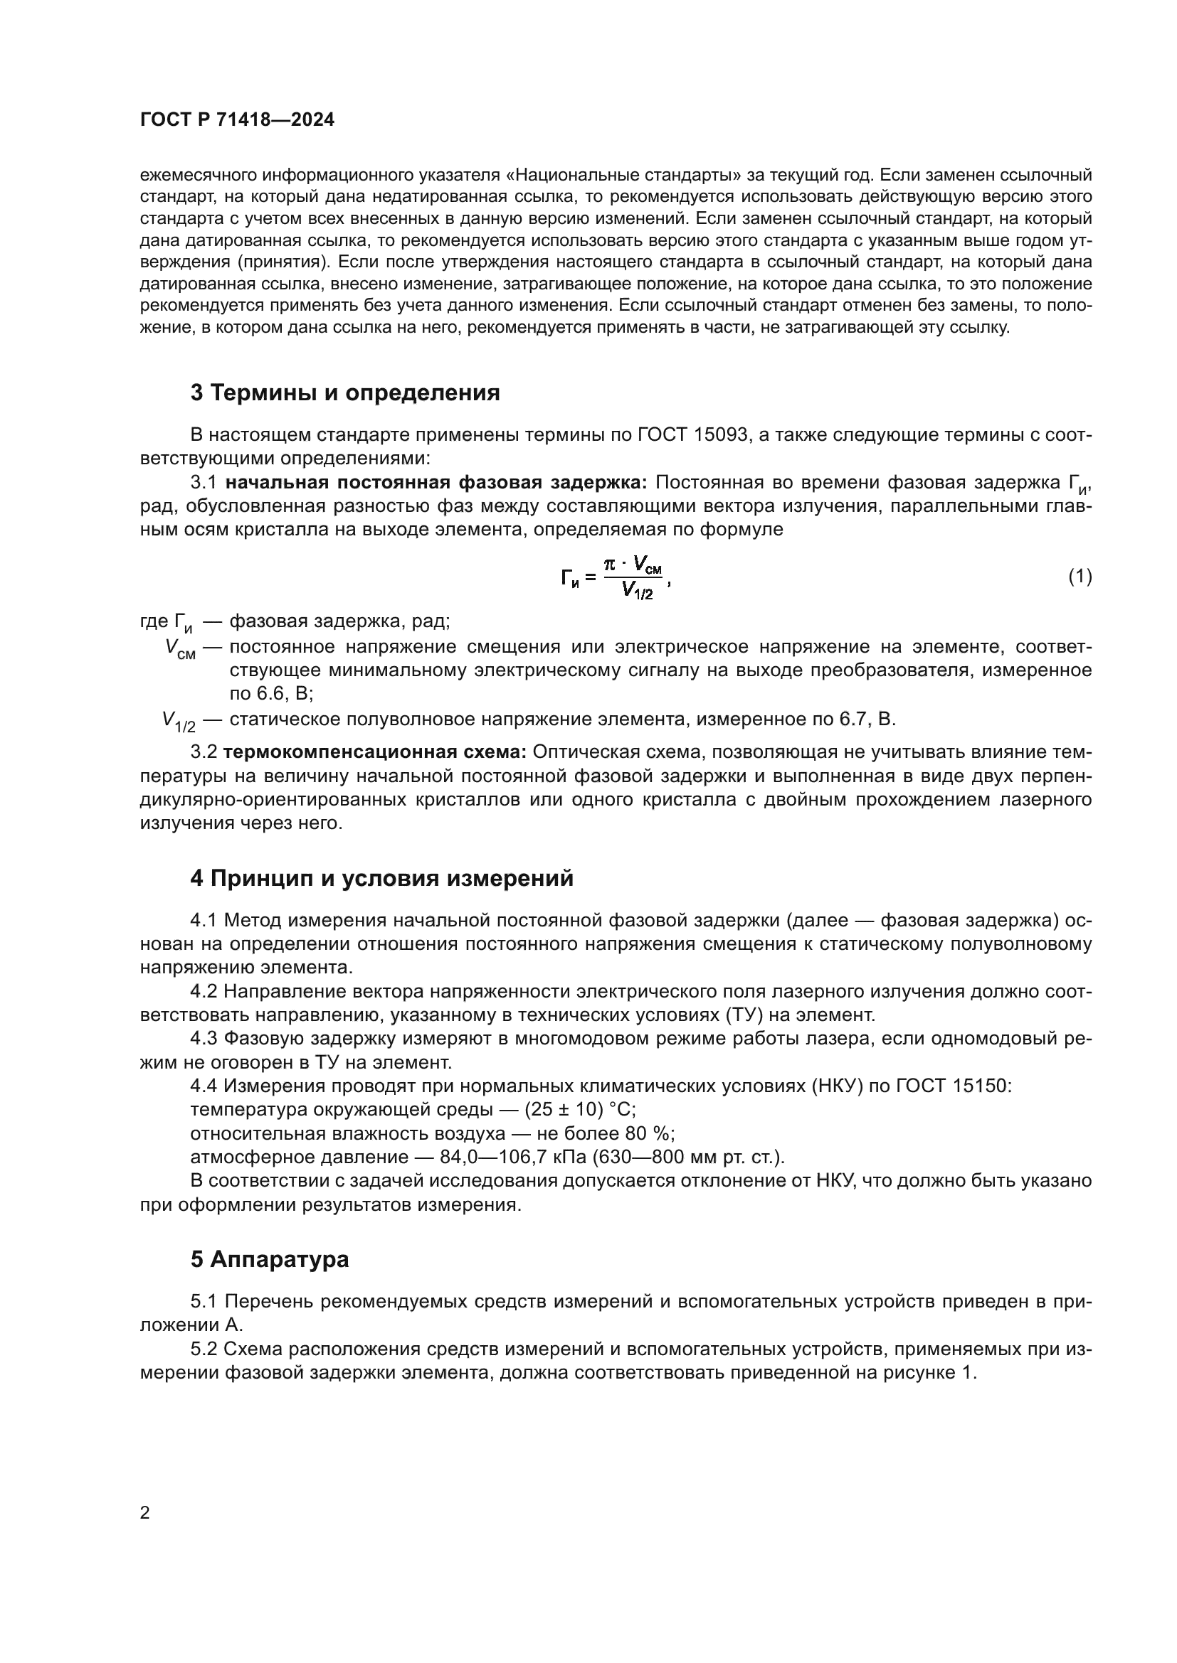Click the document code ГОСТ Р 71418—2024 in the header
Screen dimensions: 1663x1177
coord(237,120)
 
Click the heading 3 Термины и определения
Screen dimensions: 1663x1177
coord(345,392)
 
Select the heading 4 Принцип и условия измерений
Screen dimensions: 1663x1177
coord(381,878)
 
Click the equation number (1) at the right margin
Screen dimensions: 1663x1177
coord(1080,577)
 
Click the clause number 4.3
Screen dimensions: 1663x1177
coord(204,1039)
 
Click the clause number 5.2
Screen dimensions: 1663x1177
coord(204,1349)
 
